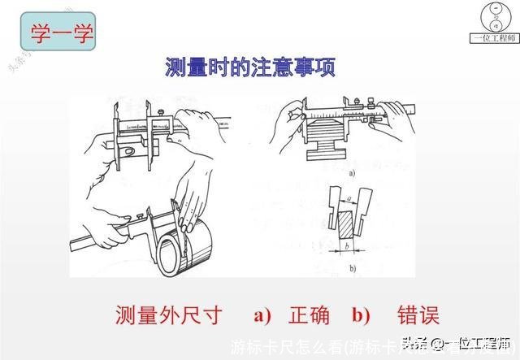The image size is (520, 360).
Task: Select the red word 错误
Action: [418, 315]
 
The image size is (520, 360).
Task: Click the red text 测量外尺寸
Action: [167, 315]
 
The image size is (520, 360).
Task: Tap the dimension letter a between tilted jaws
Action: [349, 197]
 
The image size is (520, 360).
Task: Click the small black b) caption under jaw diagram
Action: [350, 268]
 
